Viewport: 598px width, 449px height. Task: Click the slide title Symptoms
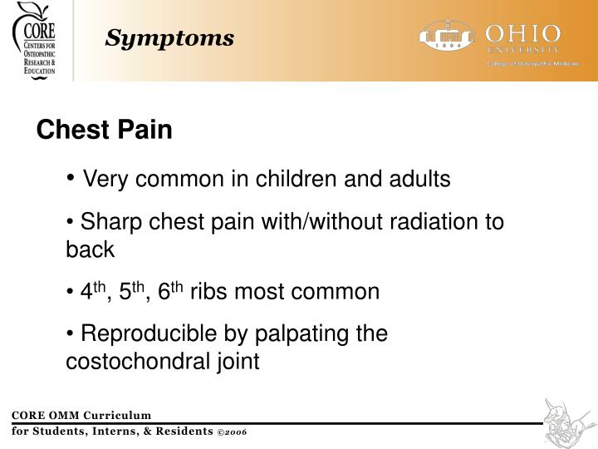(169, 38)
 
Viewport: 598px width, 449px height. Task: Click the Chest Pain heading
(104, 131)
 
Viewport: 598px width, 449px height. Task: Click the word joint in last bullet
(236, 363)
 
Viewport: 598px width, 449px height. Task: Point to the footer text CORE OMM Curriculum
(81, 415)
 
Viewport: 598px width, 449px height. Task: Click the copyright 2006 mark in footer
(232, 432)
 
